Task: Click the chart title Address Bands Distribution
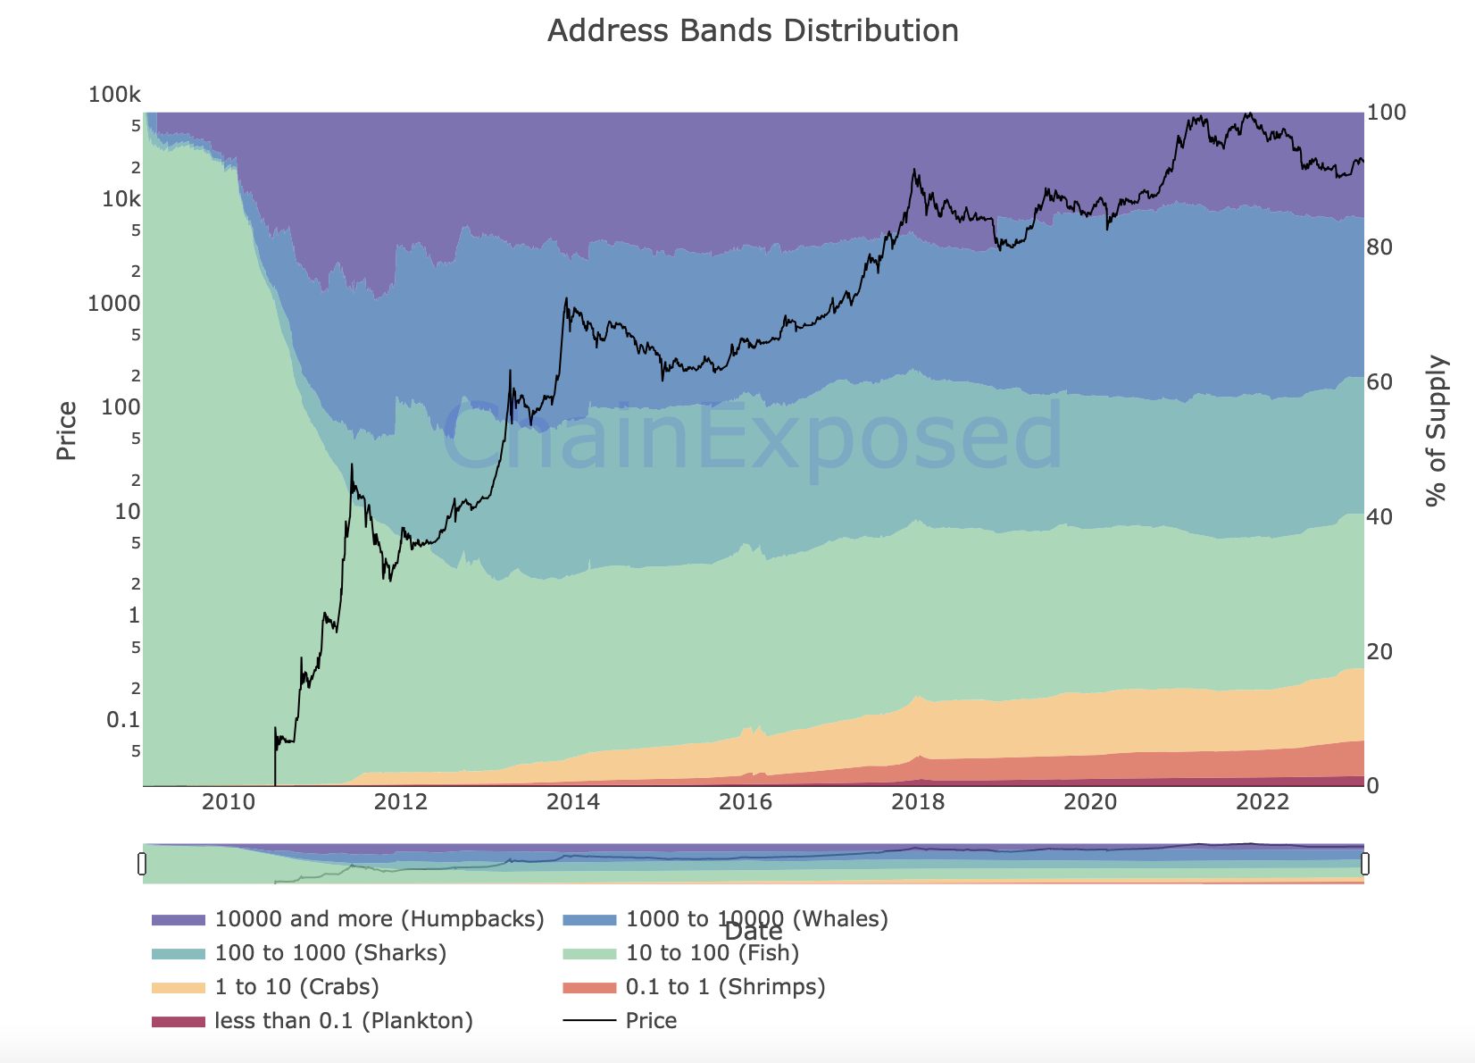click(x=753, y=31)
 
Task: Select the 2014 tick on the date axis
click(x=573, y=801)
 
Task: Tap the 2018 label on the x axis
click(x=918, y=801)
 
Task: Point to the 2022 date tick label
click(x=1262, y=801)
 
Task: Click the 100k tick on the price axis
click(x=114, y=95)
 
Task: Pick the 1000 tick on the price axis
click(x=114, y=303)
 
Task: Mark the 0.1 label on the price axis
click(x=123, y=720)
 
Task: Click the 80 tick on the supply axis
click(x=1380, y=247)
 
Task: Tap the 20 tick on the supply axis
click(x=1380, y=652)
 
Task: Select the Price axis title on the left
click(x=67, y=431)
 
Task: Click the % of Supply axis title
click(x=1436, y=431)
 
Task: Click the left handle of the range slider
click(x=142, y=864)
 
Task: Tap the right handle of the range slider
click(x=1364, y=864)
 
